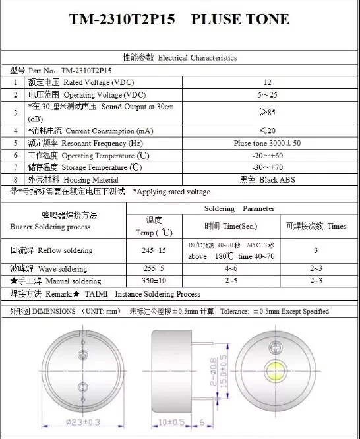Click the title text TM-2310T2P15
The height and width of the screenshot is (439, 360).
pyautogui.click(x=122, y=20)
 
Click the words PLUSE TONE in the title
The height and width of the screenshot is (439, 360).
pyautogui.click(x=240, y=20)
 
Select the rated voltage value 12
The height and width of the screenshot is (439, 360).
pyautogui.click(x=267, y=82)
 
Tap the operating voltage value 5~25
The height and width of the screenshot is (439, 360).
pyautogui.click(x=267, y=95)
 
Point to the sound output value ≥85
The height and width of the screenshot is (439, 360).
pyautogui.click(x=267, y=112)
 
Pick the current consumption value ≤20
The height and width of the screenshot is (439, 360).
pyautogui.click(x=267, y=131)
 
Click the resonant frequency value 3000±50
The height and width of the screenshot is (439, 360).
pyautogui.click(x=267, y=143)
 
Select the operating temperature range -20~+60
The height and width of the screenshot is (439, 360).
pyautogui.click(x=267, y=155)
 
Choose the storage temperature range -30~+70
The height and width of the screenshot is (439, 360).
pyautogui.click(x=267, y=167)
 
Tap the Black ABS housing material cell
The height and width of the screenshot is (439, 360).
pyautogui.click(x=267, y=179)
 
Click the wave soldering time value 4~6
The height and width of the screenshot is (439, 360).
pyautogui.click(x=231, y=269)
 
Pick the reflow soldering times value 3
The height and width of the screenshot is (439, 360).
pyautogui.click(x=316, y=250)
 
